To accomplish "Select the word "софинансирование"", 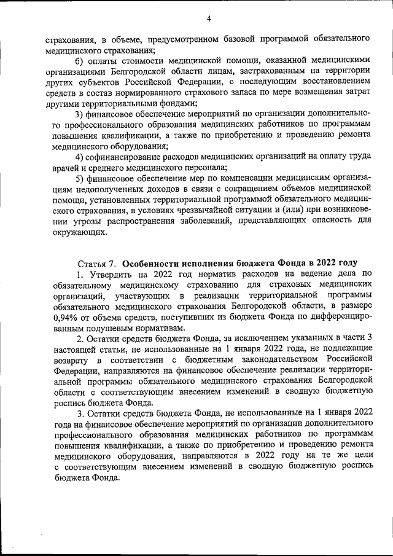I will click(124, 157).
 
